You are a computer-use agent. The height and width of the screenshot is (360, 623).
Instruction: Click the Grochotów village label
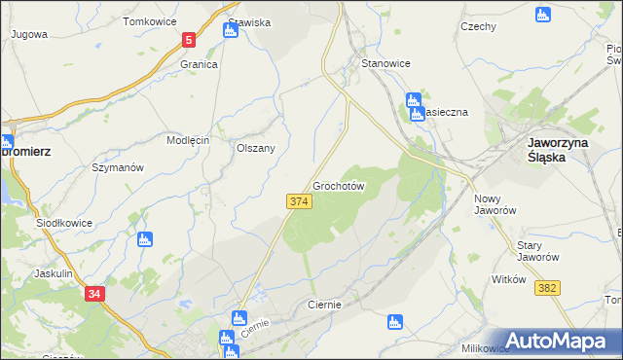[339, 185]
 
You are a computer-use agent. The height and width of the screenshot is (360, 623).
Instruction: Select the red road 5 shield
[189, 40]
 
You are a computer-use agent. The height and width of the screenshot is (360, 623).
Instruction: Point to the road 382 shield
[547, 287]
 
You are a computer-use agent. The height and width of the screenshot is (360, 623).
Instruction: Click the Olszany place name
[256, 148]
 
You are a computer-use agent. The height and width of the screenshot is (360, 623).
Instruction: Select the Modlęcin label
[188, 140]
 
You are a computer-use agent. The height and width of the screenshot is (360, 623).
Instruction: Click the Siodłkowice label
[64, 223]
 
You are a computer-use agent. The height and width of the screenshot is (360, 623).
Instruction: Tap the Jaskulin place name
[54, 274]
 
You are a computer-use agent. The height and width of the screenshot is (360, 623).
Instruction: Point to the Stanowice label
[385, 63]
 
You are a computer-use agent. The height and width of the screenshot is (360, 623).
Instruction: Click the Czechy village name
[479, 27]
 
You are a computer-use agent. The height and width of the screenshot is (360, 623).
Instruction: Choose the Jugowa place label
[29, 33]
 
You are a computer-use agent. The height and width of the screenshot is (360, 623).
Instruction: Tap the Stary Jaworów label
[537, 251]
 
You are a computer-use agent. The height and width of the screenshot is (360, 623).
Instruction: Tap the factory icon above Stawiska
[231, 30]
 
